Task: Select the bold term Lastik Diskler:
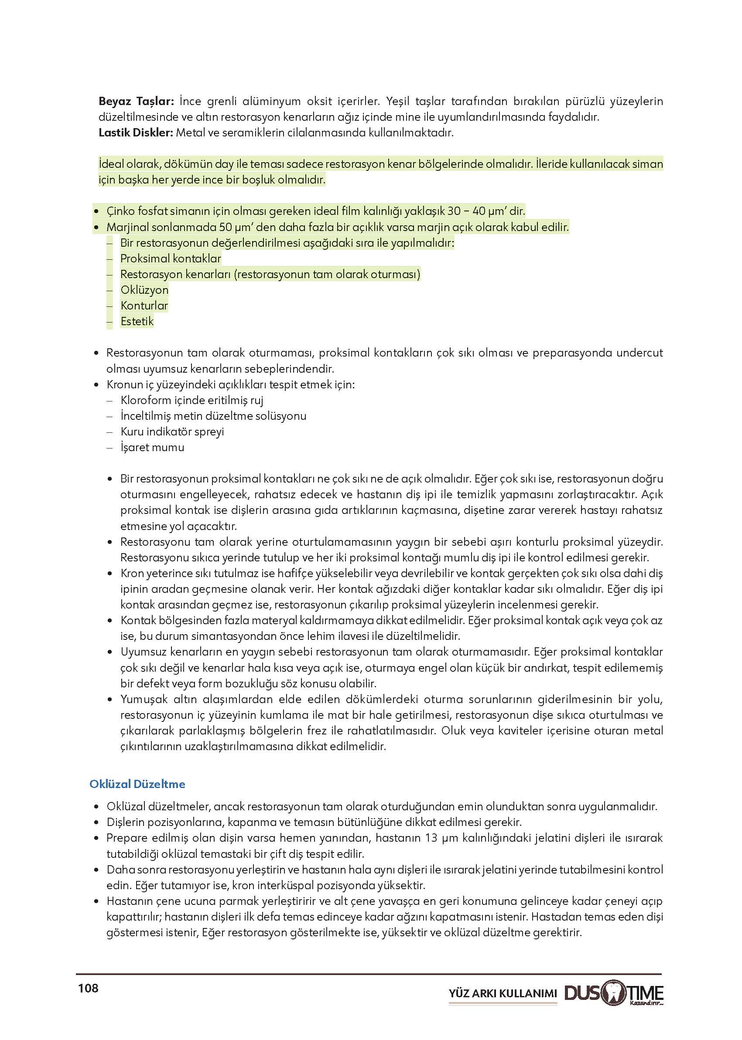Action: coord(136,133)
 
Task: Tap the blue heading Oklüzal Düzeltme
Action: coord(137,784)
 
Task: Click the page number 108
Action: coord(88,988)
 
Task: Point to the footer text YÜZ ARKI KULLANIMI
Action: coord(503,993)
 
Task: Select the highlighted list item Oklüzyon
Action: coord(144,290)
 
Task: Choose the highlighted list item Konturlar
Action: coord(144,306)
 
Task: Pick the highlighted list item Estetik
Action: coord(137,321)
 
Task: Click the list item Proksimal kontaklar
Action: coord(171,258)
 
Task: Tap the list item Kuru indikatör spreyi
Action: coord(172,432)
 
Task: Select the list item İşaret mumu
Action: coord(152,447)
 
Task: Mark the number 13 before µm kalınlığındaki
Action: coord(431,838)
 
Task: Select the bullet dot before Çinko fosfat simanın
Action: coord(96,211)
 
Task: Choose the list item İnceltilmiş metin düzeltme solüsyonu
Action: coord(213,416)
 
